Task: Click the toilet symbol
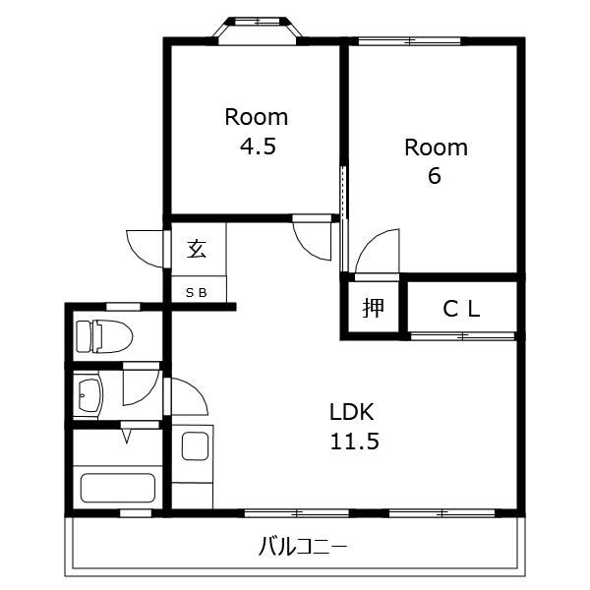pos(104,336)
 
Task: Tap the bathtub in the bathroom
pos(118,488)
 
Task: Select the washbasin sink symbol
pos(90,394)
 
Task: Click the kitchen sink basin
pos(196,445)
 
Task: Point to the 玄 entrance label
pos(198,249)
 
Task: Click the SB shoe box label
pos(197,293)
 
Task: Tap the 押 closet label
pos(373,308)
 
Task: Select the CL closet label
pos(461,310)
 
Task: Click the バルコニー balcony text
pos(302,547)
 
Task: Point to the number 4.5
pos(258,147)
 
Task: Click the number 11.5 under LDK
pos(354,442)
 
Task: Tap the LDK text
pos(352,412)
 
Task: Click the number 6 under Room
pos(435,176)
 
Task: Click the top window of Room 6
pos(410,41)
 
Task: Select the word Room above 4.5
pos(257,117)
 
